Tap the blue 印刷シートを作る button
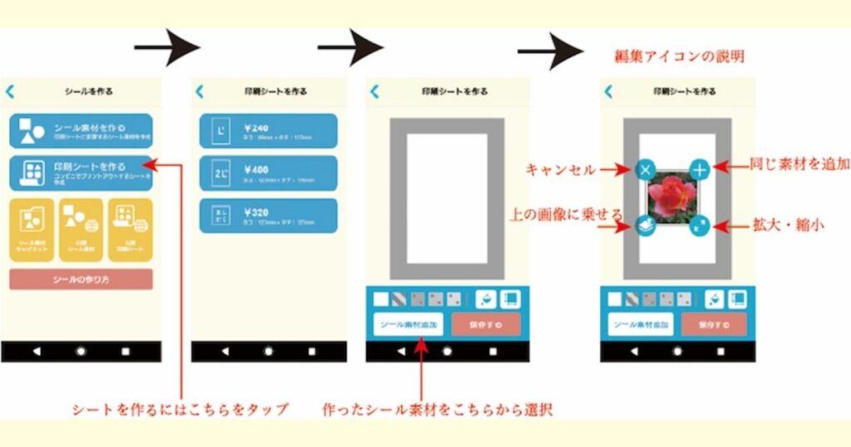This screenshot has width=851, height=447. point(81,172)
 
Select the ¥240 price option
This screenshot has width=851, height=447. point(268,131)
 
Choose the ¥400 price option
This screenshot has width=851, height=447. point(268,173)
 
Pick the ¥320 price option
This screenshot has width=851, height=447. point(268,215)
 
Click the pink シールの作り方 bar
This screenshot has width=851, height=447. point(81,279)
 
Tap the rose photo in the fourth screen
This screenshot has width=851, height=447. point(671,198)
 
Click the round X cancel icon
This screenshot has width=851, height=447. point(647,169)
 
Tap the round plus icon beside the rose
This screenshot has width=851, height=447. point(701,170)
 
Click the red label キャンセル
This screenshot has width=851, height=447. point(560,169)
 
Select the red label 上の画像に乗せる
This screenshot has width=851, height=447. point(565,214)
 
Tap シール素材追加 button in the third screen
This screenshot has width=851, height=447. point(407,324)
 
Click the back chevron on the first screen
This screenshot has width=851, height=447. point(10,91)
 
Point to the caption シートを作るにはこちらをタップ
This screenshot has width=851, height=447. point(180,409)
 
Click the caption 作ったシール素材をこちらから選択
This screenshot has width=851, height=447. point(438,409)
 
